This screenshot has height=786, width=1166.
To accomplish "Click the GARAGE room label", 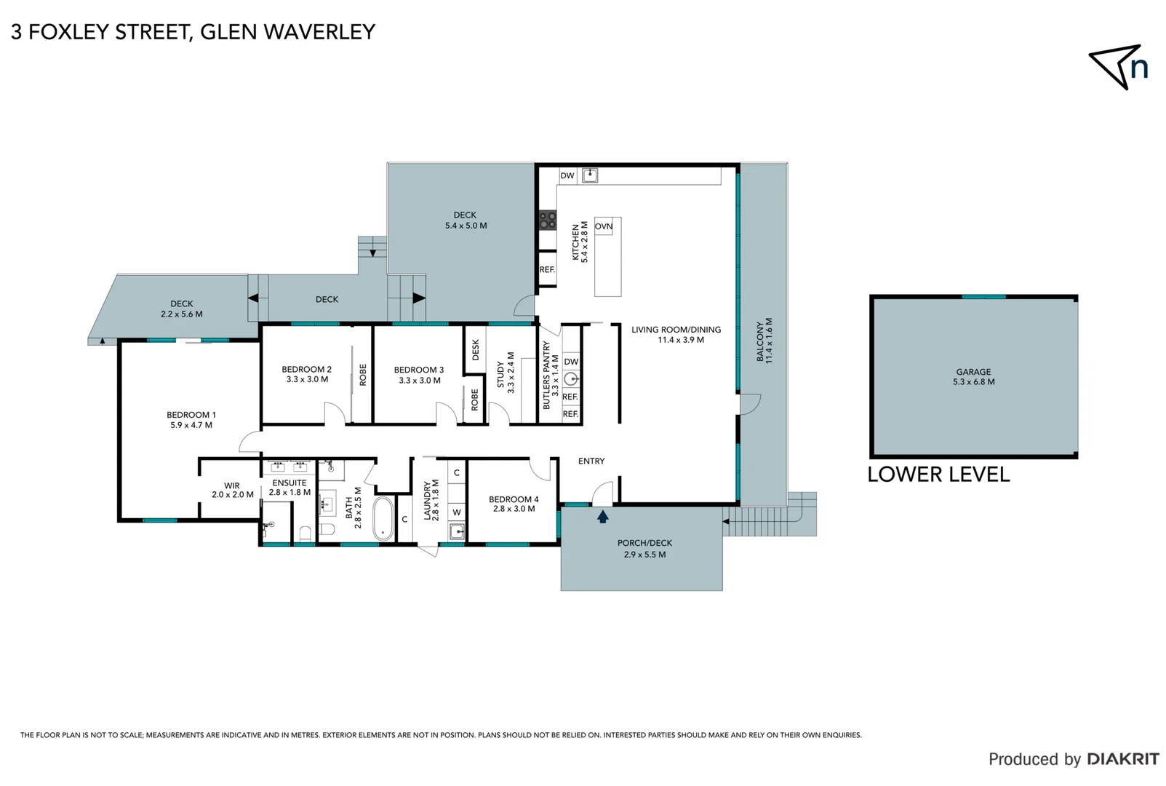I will (973, 376).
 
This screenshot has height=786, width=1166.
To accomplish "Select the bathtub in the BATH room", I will (383, 518).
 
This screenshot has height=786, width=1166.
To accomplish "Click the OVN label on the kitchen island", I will (604, 226).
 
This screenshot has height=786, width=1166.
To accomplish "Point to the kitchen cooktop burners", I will (547, 220).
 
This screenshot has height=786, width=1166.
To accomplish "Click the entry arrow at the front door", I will (602, 517).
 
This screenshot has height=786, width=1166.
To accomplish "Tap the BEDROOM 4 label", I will (514, 504).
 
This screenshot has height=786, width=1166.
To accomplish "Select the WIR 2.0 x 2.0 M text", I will (232, 490).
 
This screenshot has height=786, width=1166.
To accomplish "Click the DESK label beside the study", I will (476, 350).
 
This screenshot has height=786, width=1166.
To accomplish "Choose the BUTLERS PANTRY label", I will (551, 376).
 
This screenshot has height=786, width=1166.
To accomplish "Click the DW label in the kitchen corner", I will (567, 175).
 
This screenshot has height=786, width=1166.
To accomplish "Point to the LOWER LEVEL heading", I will (938, 475).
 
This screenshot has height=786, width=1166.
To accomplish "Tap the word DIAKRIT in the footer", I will (1123, 759).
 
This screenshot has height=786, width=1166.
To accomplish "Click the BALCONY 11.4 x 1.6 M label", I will (764, 341).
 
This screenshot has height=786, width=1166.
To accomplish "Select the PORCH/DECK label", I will (644, 548).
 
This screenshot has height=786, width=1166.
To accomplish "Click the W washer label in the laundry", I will (457, 512).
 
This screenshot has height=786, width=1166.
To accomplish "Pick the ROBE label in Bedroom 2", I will (363, 375).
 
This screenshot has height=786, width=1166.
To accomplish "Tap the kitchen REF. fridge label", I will (547, 269).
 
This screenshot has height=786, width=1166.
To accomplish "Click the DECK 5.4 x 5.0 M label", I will (466, 220).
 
